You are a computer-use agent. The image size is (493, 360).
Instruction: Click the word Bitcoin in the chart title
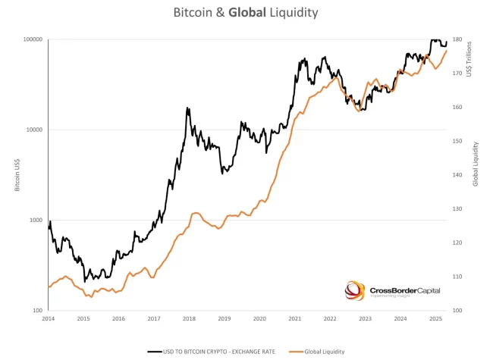pyautogui.click(x=195, y=13)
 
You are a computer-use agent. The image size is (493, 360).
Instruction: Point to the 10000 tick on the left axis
pyautogui.click(x=31, y=130)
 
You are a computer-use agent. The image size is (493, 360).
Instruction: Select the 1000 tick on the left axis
pyautogui.click(x=33, y=221)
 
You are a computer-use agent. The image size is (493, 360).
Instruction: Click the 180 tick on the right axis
pyautogui.click(x=458, y=39)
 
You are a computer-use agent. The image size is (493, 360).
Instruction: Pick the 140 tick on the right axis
pyautogui.click(x=458, y=175)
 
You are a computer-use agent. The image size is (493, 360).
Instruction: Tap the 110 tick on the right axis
pyautogui.click(x=458, y=277)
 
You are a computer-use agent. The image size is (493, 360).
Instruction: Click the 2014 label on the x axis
pyautogui.click(x=49, y=319)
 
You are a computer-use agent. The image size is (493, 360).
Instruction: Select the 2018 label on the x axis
pyautogui.click(x=189, y=319)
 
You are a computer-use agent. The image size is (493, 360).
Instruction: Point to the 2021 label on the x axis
pyautogui.click(x=294, y=319)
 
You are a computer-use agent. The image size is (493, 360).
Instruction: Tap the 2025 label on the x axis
pyautogui.click(x=435, y=319)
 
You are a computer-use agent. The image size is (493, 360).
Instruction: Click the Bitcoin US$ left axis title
pyautogui.click(x=17, y=175)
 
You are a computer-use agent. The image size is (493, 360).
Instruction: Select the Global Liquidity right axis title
pyautogui.click(x=476, y=163)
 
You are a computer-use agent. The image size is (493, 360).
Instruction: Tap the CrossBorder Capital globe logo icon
pyautogui.click(x=355, y=290)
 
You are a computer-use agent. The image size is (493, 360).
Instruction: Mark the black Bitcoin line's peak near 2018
pyautogui.click(x=187, y=108)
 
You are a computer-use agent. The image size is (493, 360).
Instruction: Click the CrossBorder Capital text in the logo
pyautogui.click(x=400, y=289)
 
